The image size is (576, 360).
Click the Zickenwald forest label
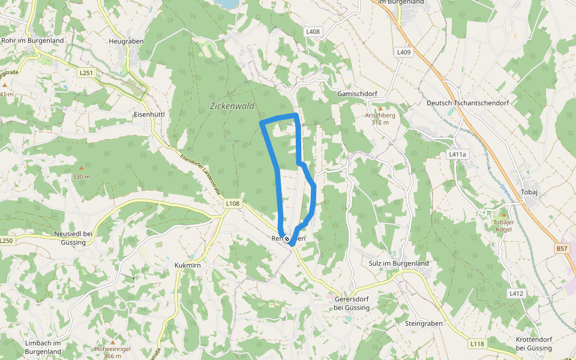click(232, 106)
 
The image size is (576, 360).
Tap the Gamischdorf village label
click(356, 94)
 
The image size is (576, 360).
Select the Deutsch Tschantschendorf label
click(467, 103)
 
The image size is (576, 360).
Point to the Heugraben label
click(125, 41)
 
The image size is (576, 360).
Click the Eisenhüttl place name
click(149, 114)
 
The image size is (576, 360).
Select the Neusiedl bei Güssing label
click(73, 238)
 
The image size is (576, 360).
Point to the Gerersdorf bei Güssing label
click(352, 303)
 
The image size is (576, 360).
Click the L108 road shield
click(233, 203)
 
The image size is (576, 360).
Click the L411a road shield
click(457, 154)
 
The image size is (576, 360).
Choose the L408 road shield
click(313, 32)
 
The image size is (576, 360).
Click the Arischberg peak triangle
click(380, 108)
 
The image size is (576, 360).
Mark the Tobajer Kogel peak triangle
click(504, 214)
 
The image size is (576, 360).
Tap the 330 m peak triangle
click(82, 168)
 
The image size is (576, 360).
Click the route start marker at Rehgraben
click(287, 239)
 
